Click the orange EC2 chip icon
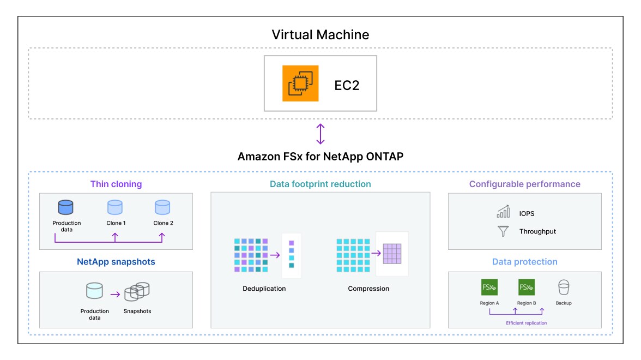coord(300,83)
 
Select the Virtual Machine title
coord(320,35)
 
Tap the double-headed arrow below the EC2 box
coord(320,134)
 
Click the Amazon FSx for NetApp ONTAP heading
coord(320,157)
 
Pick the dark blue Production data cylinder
coord(66,208)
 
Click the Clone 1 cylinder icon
coord(115,208)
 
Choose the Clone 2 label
coord(162,223)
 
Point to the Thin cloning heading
coord(116,184)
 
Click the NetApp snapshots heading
coord(116,262)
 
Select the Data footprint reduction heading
coord(320,184)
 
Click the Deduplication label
coord(264,289)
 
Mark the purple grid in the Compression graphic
coord(392,254)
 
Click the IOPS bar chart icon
coord(503,213)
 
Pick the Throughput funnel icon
coord(503,231)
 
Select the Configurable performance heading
coord(525,184)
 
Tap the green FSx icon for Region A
coord(489,287)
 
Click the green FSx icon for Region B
coord(527,287)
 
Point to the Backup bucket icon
coord(564,287)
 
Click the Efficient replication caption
coord(526,323)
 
